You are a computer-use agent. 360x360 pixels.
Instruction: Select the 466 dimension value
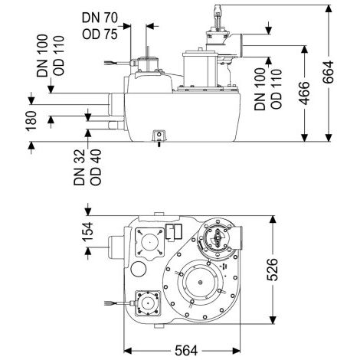[x=304, y=93]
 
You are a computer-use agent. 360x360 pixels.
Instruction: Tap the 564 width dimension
[x=186, y=351]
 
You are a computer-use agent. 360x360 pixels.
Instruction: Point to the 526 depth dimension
[x=272, y=270]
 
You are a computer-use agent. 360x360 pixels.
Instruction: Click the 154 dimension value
[x=87, y=231]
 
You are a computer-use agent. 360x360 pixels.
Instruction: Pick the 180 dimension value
[x=31, y=121]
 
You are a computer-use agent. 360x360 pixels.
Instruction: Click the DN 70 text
[x=100, y=18]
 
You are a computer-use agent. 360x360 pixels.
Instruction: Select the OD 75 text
[x=100, y=34]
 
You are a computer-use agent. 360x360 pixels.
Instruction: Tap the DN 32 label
[x=80, y=167]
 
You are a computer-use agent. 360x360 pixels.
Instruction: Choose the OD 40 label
[x=96, y=167]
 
